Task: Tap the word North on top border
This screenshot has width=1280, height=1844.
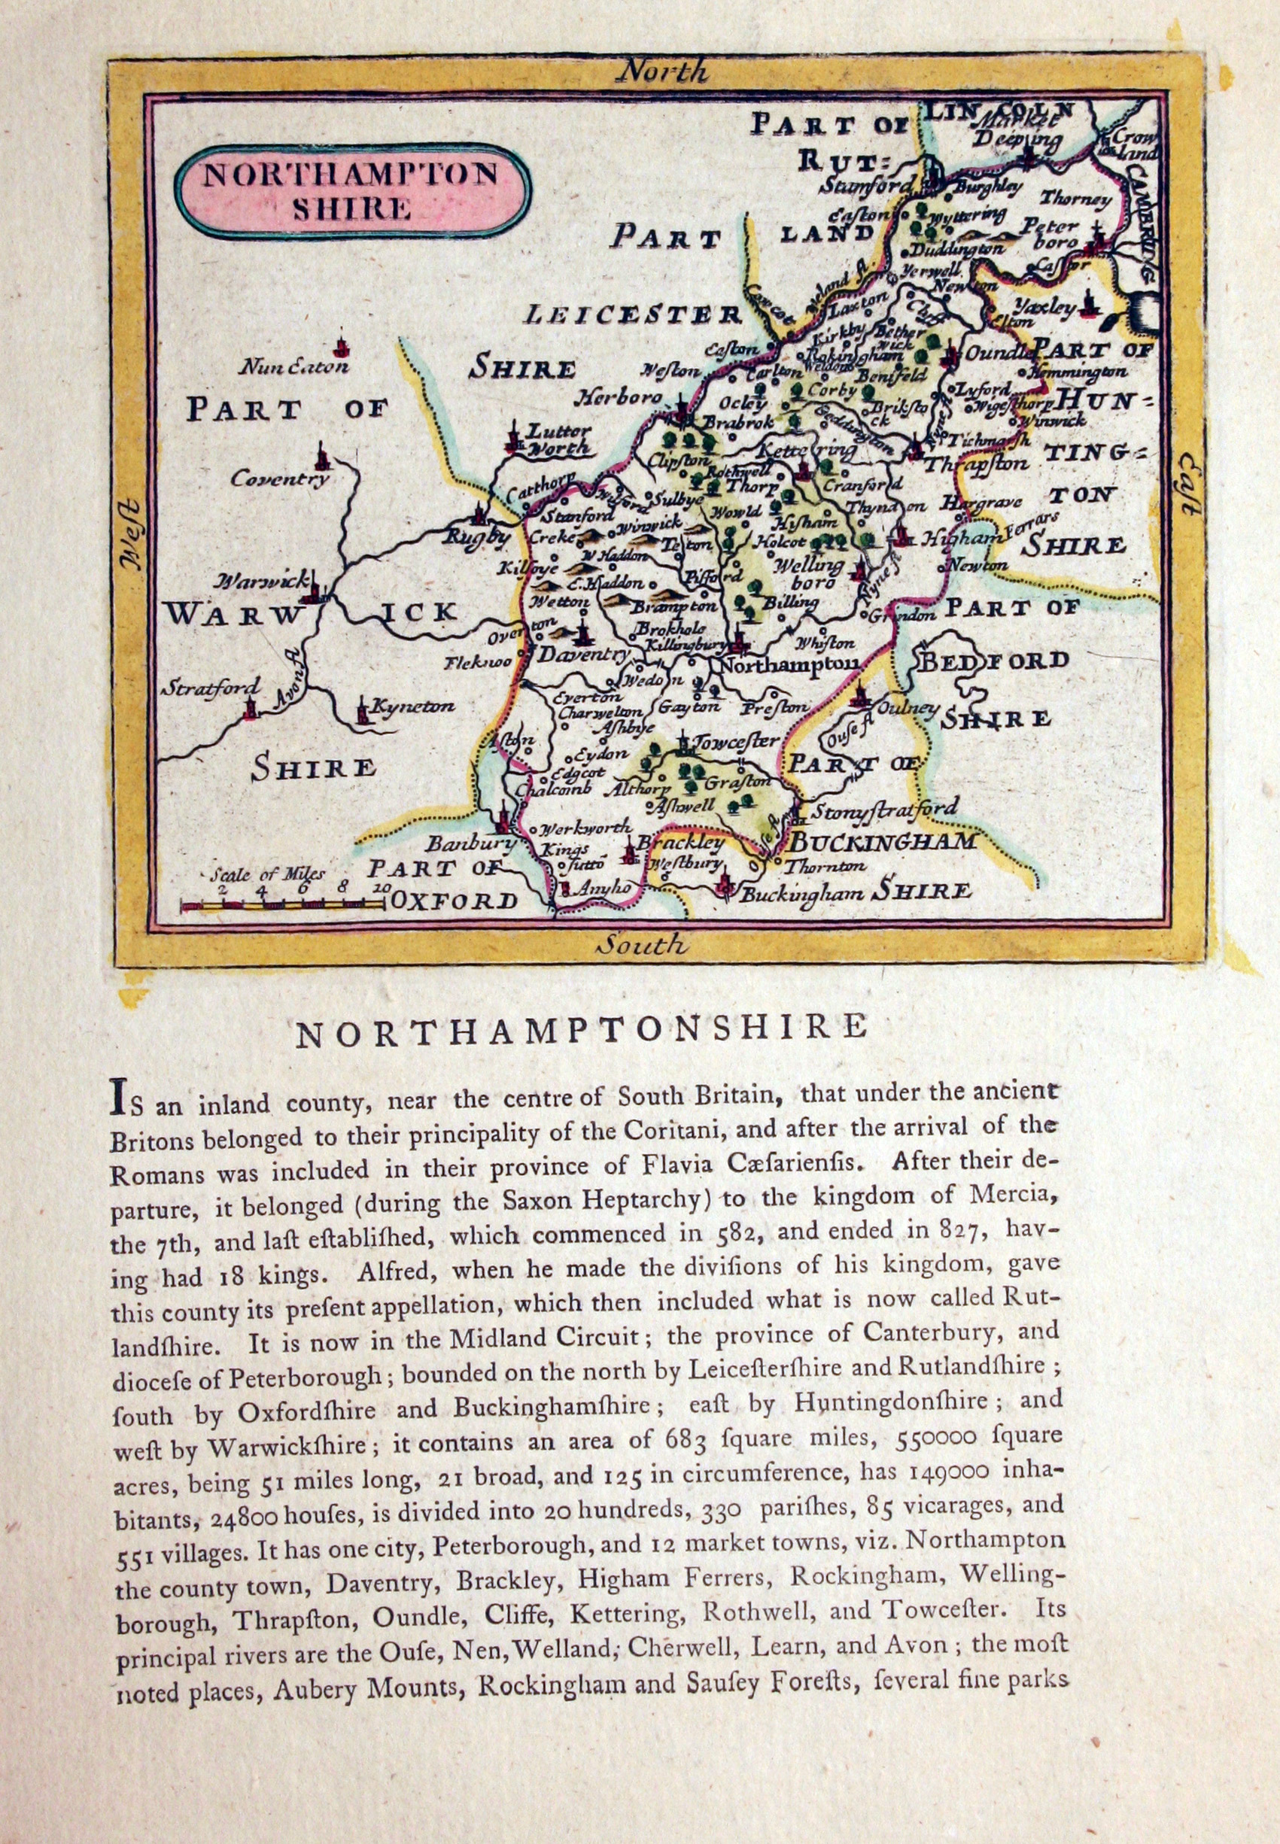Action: [662, 72]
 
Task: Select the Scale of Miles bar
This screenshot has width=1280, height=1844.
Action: [282, 906]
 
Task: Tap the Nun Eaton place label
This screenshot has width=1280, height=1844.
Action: [295, 368]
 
